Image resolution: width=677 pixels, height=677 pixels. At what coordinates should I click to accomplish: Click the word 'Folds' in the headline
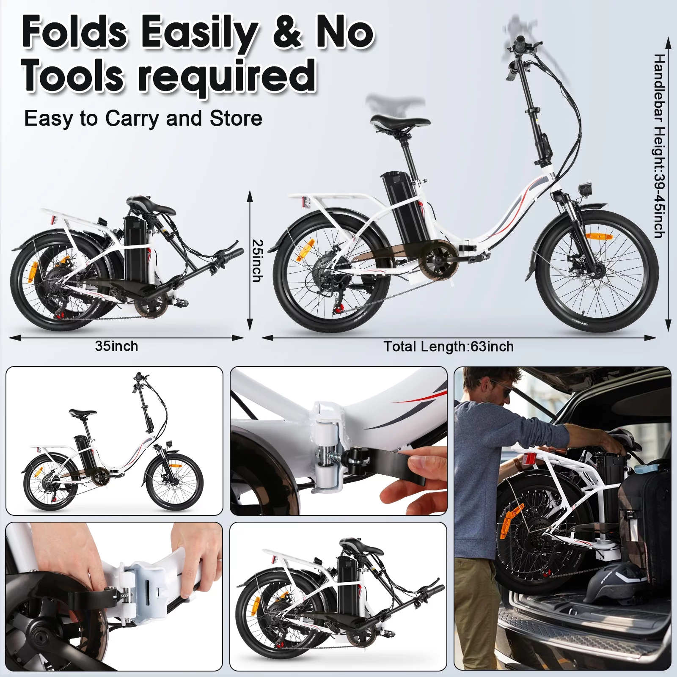pos(74,33)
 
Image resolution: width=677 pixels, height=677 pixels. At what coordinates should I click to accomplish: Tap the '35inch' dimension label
pos(116,346)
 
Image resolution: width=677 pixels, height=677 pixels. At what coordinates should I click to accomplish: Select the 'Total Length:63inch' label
pos(449,347)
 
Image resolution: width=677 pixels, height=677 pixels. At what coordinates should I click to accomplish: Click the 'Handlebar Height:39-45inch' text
pos(659,146)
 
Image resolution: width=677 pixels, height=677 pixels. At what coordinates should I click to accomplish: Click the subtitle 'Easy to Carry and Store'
pos(143,118)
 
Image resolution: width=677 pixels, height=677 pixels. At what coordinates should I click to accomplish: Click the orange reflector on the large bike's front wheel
pos(599,237)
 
